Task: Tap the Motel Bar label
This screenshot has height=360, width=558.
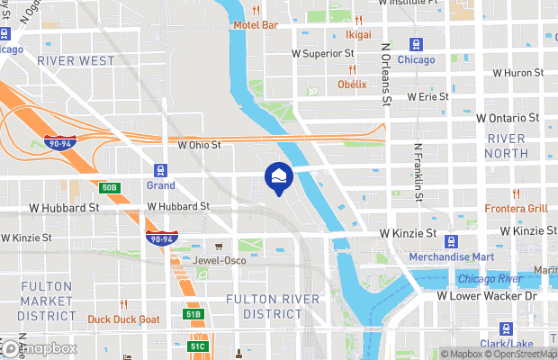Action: coord(256,24)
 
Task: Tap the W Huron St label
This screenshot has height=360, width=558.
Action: coord(517,73)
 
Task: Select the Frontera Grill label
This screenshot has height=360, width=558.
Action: coord(517,208)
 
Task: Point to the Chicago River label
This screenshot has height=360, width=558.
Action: coord(492,279)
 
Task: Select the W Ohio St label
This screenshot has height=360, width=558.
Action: coord(199,144)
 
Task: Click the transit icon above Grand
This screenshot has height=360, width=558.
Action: coord(161,169)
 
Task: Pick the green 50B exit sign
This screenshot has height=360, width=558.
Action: coord(109,187)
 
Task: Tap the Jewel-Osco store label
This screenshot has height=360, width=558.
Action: coord(220,261)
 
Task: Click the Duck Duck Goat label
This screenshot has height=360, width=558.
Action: coord(124,319)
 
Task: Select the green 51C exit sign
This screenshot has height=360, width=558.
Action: coord(198,346)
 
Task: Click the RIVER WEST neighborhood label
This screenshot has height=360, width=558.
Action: coord(76,60)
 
